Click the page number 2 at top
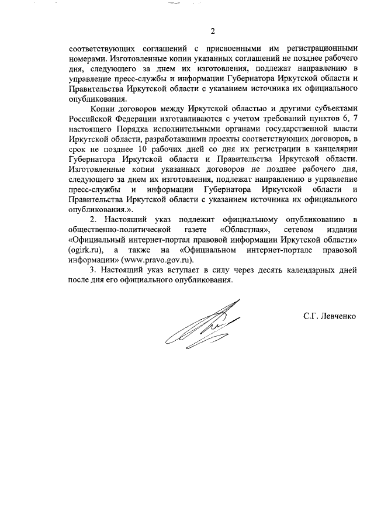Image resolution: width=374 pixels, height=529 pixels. (x=213, y=31)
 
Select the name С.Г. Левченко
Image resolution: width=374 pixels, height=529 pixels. (x=329, y=316)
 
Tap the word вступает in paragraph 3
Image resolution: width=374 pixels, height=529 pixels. (x=176, y=271)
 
